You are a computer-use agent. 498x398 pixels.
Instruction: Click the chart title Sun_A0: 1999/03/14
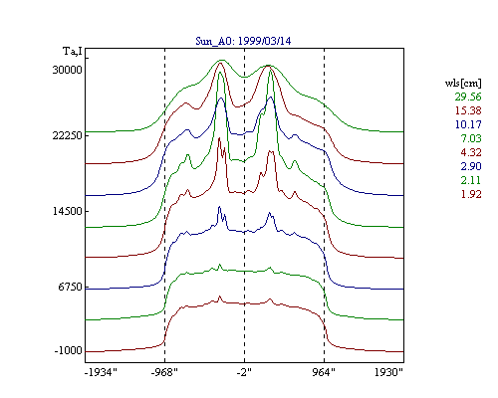(243, 41)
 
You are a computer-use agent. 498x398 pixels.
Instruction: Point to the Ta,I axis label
(73, 52)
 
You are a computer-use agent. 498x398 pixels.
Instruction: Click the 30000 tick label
(67, 70)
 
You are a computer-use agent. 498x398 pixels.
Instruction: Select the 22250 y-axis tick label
(67, 135)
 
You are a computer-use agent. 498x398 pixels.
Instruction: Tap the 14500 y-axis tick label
(67, 211)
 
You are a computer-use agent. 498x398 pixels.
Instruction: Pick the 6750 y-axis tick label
(70, 287)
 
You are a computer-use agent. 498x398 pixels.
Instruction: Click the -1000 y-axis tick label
(68, 350)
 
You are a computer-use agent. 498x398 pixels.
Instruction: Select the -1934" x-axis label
(102, 372)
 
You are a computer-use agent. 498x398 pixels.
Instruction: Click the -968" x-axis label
(164, 372)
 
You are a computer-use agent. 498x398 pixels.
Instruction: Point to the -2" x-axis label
(244, 372)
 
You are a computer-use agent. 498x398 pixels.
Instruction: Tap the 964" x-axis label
(324, 372)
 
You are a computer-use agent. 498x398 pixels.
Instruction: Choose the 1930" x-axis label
(388, 372)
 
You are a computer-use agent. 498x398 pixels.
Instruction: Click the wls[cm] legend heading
(463, 83)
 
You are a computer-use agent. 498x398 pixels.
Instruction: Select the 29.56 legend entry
(468, 97)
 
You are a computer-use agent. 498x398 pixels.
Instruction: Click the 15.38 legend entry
(468, 110)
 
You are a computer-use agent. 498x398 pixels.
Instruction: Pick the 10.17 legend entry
(468, 124)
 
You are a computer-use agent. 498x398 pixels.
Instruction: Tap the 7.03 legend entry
(471, 138)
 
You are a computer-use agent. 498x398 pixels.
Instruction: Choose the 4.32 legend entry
(471, 152)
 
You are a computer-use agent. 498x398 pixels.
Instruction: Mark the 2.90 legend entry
(471, 166)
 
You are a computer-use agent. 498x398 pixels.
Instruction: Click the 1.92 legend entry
(471, 194)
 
